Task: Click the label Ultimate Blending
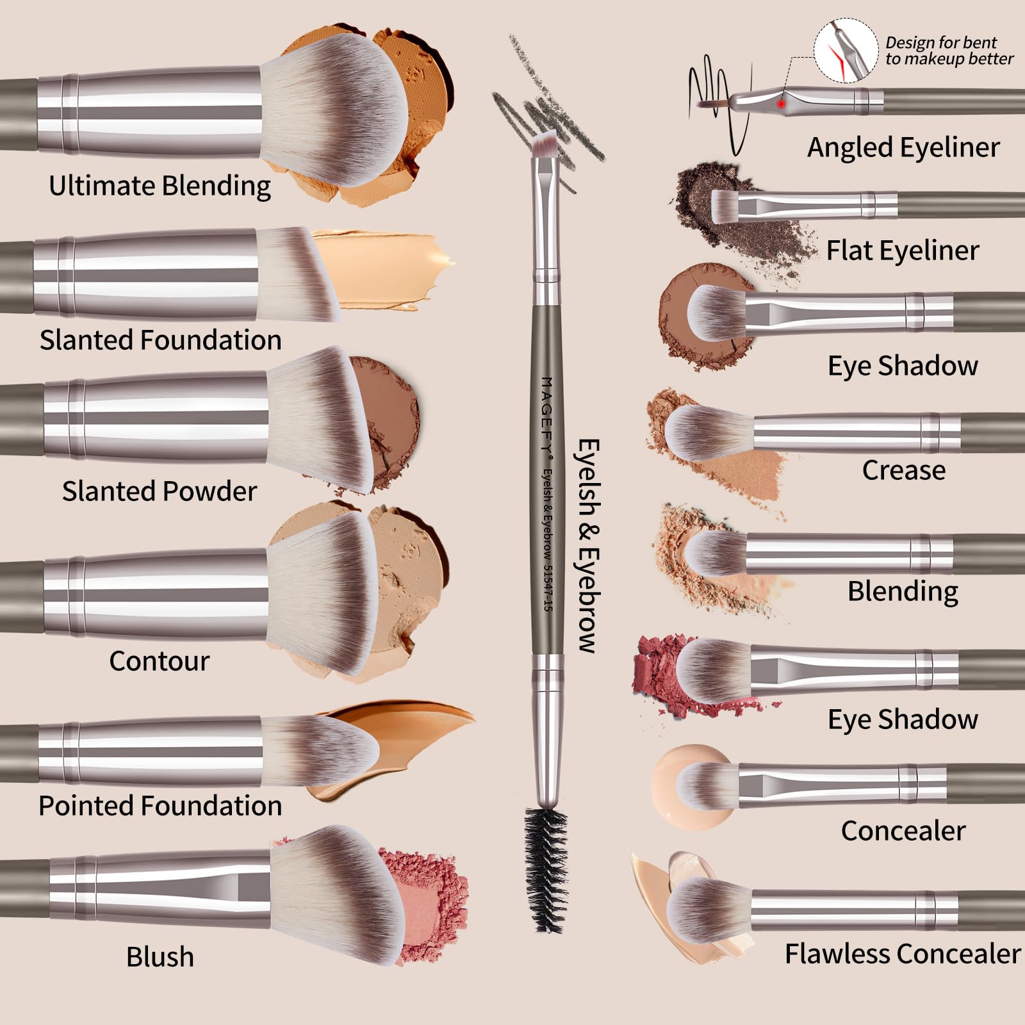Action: (x=160, y=186)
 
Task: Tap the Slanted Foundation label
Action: (x=160, y=340)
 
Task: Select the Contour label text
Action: (x=159, y=661)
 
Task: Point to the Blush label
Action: (x=160, y=957)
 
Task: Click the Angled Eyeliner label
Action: (x=903, y=147)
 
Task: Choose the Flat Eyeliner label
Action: (x=902, y=250)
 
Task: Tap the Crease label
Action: (x=903, y=470)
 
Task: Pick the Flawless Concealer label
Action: (x=902, y=954)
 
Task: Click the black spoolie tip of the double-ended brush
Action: (x=546, y=868)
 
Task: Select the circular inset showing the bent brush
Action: (x=846, y=50)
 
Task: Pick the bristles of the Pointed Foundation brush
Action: (x=320, y=750)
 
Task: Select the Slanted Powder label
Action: (x=159, y=491)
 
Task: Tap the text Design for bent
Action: (x=940, y=43)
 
